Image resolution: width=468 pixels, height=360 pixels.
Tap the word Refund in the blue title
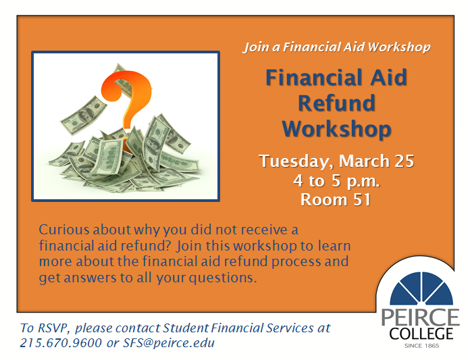(336, 103)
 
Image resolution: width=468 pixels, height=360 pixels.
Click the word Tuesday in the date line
(296, 161)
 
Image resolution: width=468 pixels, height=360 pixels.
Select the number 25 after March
(404, 161)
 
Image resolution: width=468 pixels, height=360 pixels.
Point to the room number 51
(362, 199)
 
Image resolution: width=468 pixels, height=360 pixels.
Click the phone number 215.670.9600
(61, 342)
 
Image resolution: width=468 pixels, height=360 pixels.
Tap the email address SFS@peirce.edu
(169, 342)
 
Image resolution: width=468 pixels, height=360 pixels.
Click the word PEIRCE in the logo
(420, 317)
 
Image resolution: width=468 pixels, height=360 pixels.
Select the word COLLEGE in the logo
(421, 334)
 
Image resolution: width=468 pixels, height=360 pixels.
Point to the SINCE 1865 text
(421, 346)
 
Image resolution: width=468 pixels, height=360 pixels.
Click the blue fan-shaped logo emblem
(421, 288)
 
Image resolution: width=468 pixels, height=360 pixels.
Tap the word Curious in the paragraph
(64, 230)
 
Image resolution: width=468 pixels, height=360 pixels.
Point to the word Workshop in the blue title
(337, 130)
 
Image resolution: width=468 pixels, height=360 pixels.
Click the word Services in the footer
(290, 328)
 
